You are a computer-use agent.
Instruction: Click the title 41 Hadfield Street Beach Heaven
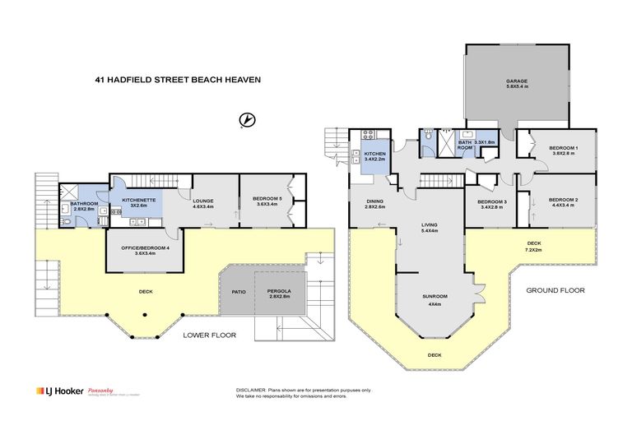pyautogui.click(x=167, y=80)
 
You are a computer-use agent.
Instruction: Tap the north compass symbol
pyautogui.click(x=244, y=121)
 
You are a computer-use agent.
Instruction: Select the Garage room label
pyautogui.click(x=516, y=81)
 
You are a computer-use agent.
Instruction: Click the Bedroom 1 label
pyautogui.click(x=564, y=148)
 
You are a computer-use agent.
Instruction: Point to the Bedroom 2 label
pyautogui.click(x=564, y=199)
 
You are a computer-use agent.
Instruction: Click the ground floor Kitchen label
pyautogui.click(x=374, y=154)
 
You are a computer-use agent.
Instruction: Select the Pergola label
pyautogui.click(x=280, y=291)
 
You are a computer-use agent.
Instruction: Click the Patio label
pyautogui.click(x=238, y=290)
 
